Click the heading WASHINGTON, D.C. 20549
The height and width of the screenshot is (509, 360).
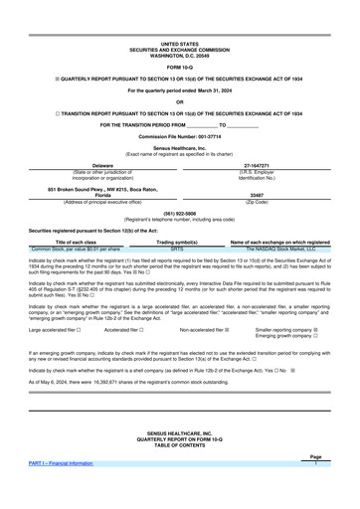click(x=180, y=28)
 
